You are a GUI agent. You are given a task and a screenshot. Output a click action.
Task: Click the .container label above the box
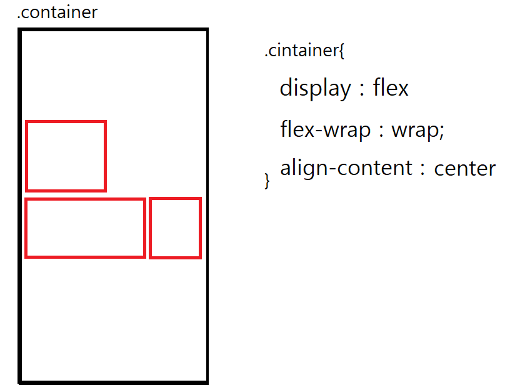57,12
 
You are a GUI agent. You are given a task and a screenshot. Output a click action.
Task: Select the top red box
66,156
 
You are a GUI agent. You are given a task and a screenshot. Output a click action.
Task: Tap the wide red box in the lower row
85,228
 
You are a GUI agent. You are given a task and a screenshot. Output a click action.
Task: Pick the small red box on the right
175,228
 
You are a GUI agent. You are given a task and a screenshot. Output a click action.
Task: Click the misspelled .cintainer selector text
301,51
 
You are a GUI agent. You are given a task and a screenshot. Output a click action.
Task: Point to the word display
315,88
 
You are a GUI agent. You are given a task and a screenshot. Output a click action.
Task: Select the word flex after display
391,88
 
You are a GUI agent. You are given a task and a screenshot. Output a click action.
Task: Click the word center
464,169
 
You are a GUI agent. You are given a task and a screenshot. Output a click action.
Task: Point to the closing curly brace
267,181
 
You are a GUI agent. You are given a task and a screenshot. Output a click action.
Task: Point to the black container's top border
113,29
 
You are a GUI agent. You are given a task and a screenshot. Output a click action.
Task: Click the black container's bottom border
113,381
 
